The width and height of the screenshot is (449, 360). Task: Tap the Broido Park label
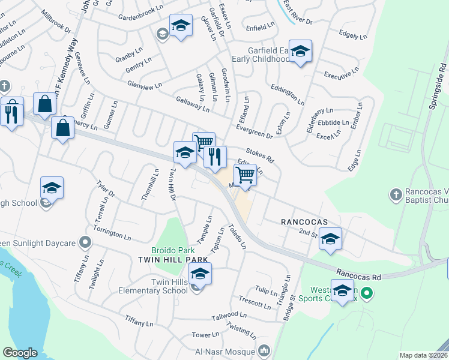173,249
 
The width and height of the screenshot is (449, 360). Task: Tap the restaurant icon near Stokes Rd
215,157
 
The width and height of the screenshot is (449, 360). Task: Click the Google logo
20,353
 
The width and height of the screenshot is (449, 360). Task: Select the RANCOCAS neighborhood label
304,222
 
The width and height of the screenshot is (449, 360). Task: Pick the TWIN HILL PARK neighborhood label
173,259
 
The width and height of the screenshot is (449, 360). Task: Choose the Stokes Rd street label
259,155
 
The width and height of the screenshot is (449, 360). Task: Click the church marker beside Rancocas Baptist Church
396,194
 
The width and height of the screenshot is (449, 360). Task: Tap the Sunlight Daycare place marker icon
86,243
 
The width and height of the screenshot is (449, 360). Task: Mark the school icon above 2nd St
330,238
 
